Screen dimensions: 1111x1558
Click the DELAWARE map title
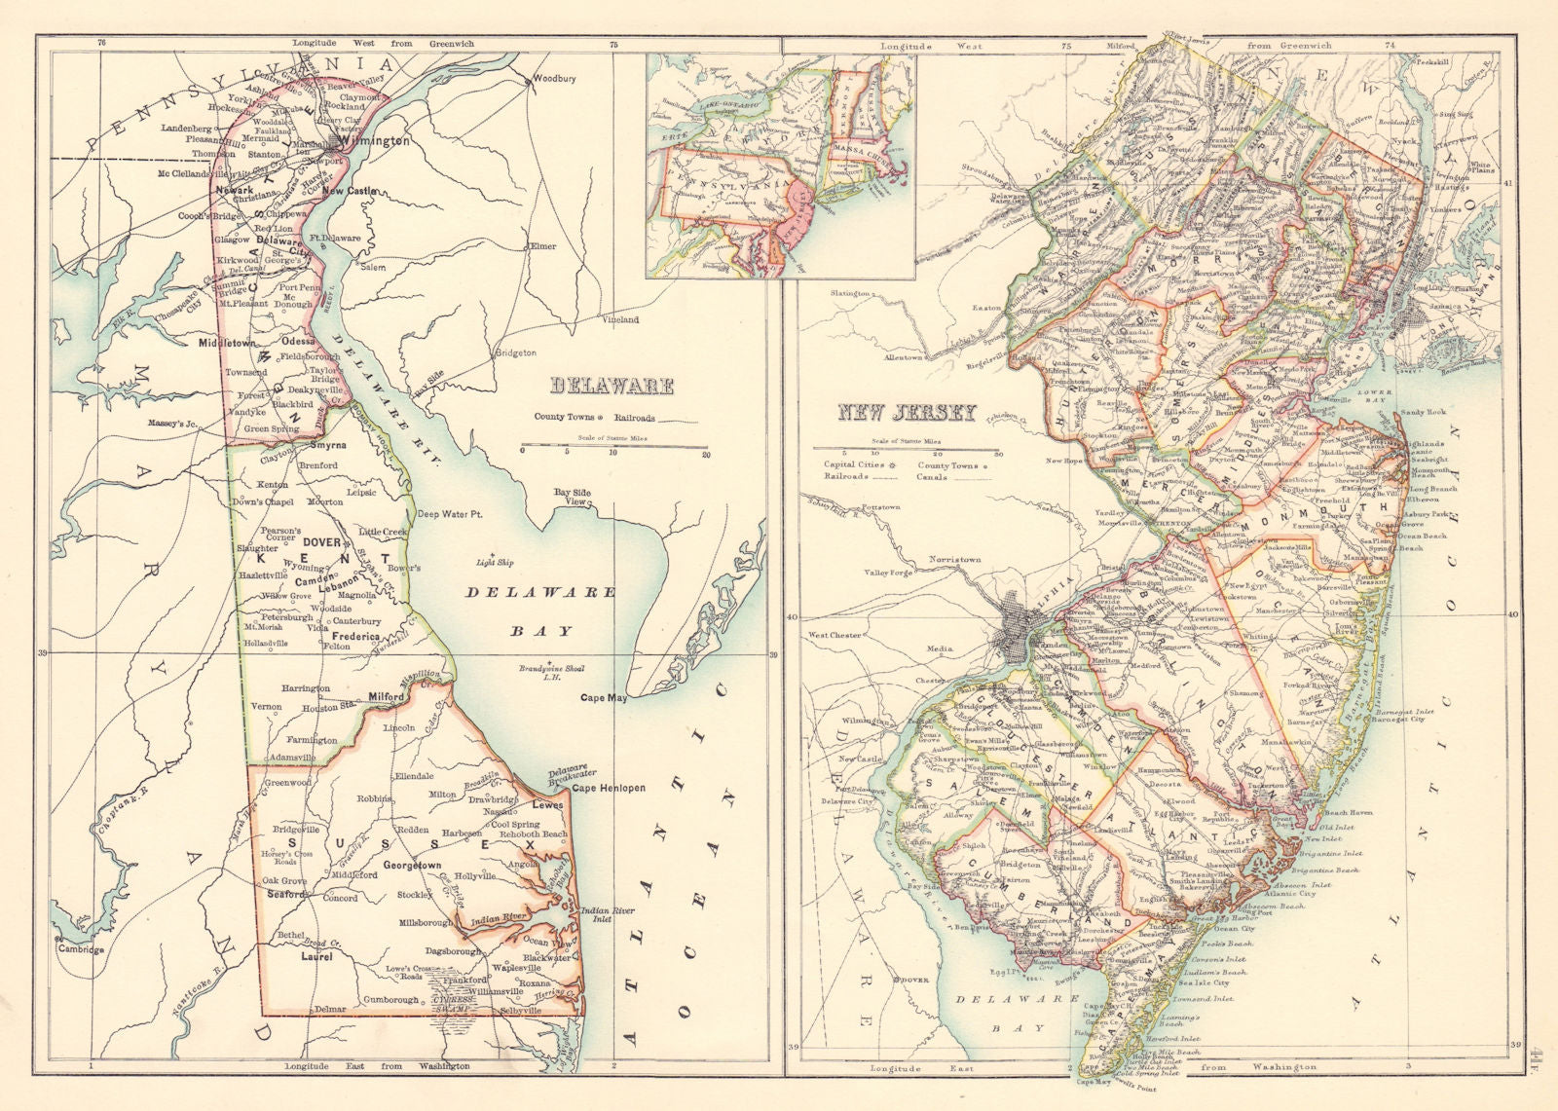coord(612,387)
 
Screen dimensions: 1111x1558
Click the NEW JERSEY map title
coord(907,413)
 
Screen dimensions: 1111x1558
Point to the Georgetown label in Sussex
coord(413,865)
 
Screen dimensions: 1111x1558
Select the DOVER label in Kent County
coord(322,542)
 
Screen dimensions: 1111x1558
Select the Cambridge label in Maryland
coord(81,949)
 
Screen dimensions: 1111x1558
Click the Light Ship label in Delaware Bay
coord(494,563)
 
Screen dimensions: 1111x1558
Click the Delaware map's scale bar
coord(613,448)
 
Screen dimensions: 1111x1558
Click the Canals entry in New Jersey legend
coord(932,477)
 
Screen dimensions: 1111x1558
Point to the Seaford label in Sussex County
coord(286,894)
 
